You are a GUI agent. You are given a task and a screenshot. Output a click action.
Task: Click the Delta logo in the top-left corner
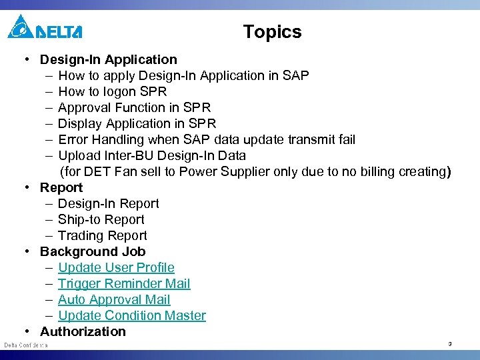(44, 28)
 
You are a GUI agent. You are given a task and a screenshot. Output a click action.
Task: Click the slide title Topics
(272, 32)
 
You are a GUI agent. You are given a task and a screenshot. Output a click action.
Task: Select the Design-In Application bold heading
(108, 59)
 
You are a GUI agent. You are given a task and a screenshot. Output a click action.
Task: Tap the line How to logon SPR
(112, 91)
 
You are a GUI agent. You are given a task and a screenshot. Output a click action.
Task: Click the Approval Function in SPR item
(134, 107)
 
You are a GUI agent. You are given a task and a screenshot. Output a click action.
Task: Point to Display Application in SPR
(137, 123)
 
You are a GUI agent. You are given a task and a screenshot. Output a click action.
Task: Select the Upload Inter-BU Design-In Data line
(151, 155)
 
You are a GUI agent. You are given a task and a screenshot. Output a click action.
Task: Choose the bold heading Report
(61, 187)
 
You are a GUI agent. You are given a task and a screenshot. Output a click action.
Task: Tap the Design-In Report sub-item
(108, 203)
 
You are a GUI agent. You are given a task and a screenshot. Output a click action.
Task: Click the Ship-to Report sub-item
(101, 219)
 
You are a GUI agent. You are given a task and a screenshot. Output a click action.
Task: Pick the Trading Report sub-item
(102, 235)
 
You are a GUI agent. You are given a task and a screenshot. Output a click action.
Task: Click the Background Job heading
(92, 251)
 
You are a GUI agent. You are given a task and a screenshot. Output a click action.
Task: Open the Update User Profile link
(116, 267)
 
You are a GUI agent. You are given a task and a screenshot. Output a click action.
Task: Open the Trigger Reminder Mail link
(124, 283)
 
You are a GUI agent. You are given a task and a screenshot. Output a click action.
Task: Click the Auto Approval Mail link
(114, 299)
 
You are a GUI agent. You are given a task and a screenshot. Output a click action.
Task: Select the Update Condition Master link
(131, 315)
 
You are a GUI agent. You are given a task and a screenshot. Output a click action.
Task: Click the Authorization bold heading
(83, 331)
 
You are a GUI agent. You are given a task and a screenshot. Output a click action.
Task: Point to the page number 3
(449, 344)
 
